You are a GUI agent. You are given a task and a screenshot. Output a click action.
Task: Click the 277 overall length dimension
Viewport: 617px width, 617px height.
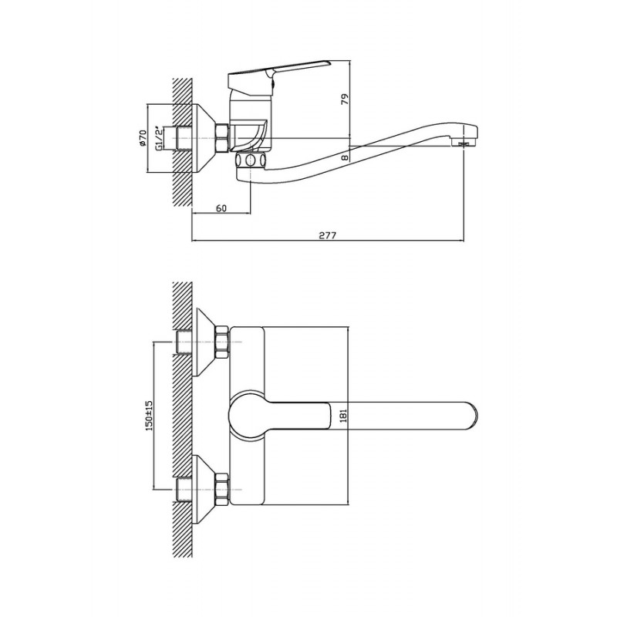point(327,235)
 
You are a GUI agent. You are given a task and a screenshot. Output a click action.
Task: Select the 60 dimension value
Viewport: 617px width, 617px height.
point(221,208)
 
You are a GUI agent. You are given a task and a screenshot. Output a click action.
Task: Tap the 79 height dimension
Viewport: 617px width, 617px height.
point(345,99)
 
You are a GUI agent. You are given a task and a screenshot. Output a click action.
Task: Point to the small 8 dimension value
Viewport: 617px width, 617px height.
point(345,157)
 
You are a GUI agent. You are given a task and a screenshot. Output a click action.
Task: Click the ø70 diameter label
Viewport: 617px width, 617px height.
point(143,138)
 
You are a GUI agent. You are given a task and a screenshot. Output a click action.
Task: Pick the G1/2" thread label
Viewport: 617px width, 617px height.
point(159,138)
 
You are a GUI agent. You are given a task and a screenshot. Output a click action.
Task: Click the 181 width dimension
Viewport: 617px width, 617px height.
point(342,416)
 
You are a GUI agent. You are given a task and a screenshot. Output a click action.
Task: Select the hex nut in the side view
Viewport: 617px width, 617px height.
point(221,138)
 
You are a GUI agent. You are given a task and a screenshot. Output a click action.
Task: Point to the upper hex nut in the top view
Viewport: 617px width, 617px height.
point(221,342)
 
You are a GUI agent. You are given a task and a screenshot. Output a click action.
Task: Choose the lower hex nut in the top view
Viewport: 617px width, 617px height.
point(221,489)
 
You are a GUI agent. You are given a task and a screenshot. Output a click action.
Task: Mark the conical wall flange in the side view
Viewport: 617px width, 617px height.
point(204,138)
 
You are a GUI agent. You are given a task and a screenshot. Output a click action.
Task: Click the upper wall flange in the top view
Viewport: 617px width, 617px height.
point(204,342)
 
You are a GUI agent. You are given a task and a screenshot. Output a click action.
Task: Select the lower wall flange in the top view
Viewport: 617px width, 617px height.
point(204,489)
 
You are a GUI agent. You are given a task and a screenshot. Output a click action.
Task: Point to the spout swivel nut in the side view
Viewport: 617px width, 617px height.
point(250,160)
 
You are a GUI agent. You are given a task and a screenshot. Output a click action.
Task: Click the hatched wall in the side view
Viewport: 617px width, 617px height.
point(182,142)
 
